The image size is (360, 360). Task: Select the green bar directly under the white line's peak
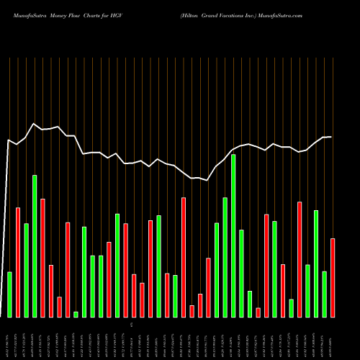point(35,246)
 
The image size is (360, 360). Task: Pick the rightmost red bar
point(332,277)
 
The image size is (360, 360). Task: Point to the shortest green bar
point(76,314)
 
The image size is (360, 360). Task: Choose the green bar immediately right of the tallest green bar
point(241,273)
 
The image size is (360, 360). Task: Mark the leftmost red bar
point(18,262)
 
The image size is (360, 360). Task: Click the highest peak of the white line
point(34,124)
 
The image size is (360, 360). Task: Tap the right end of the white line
point(331,137)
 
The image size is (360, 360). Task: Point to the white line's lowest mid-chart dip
point(207,180)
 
